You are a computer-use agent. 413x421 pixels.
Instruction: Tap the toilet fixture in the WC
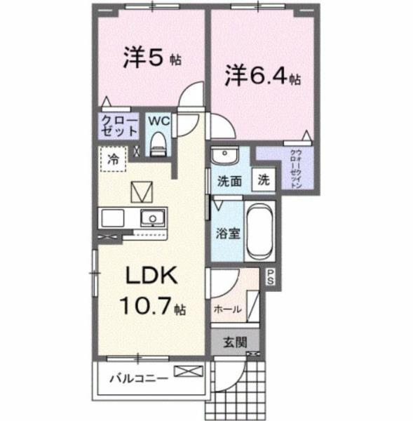tap(158, 143)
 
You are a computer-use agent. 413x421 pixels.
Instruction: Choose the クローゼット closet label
tap(117, 126)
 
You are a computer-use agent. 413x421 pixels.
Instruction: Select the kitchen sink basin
tap(150, 218)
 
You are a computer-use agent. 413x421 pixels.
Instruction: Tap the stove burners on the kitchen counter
tap(114, 218)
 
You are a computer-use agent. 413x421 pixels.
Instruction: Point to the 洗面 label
tap(228, 180)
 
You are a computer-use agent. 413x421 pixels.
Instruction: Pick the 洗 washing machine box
tap(263, 180)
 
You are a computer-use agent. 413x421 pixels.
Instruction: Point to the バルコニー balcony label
tap(137, 379)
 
